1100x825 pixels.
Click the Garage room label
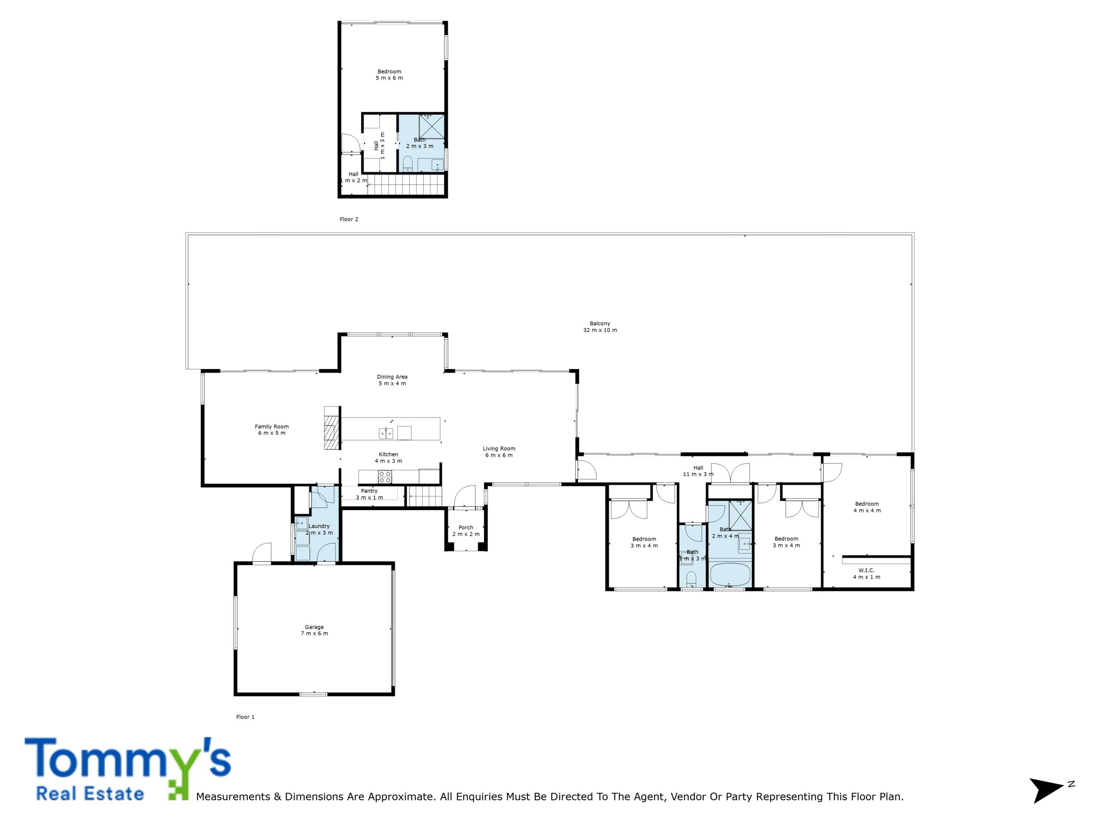[314, 630]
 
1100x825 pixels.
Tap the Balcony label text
[600, 327]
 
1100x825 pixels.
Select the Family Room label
[272, 430]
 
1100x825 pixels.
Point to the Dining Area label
[392, 380]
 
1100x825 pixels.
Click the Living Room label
[499, 452]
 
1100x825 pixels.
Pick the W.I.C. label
[866, 573]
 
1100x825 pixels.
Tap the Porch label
[466, 531]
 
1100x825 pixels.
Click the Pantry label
[369, 494]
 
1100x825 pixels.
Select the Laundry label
[319, 529]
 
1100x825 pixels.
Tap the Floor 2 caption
[348, 219]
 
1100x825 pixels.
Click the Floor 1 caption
[245, 717]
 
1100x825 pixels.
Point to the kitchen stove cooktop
[385, 477]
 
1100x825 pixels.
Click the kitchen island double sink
[386, 434]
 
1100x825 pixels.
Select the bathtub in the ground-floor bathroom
[730, 575]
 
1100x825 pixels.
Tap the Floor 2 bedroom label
[389, 75]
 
